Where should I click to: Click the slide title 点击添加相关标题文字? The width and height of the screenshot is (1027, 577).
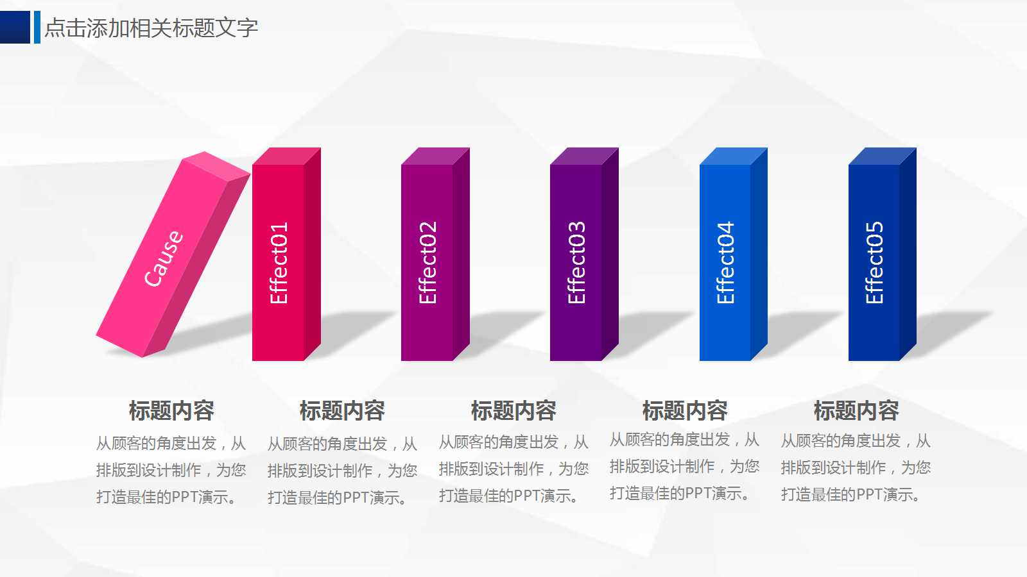tap(151, 28)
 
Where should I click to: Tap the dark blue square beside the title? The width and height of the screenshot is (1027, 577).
tap(15, 27)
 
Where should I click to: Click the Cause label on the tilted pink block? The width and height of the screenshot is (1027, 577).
tap(163, 258)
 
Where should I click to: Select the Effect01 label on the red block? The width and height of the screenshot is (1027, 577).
tap(279, 263)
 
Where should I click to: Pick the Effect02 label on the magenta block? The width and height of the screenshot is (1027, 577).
tap(427, 263)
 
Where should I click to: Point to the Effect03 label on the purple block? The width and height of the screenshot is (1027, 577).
tap(576, 263)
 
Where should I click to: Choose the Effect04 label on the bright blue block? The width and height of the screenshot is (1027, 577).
tap(725, 263)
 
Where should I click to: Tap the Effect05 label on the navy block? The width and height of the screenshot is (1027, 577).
tap(874, 263)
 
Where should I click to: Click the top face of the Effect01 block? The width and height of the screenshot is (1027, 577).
tap(286, 156)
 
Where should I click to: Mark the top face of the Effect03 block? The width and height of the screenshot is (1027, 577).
tap(584, 156)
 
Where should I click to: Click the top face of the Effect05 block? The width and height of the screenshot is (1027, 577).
tap(882, 156)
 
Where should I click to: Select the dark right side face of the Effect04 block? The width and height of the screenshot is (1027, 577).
tap(759, 256)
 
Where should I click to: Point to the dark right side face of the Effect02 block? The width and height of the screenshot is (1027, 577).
tap(461, 256)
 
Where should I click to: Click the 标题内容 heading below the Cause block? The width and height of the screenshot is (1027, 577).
tap(171, 410)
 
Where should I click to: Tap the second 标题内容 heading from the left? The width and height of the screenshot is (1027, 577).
tap(342, 410)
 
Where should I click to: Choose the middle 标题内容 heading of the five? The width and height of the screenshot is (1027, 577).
tap(513, 410)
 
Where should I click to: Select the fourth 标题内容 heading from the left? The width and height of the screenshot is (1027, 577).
tap(685, 410)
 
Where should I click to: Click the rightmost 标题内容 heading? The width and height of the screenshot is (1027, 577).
tap(856, 410)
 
